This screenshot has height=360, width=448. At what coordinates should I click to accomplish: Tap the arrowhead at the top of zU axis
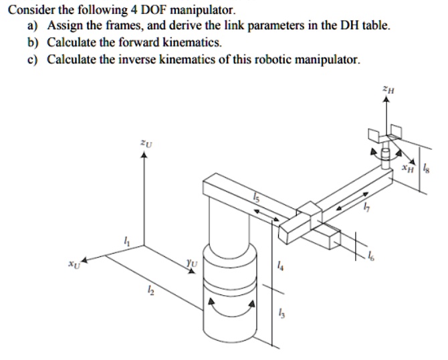(x=142, y=154)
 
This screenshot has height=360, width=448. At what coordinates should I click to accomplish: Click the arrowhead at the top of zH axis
(x=385, y=99)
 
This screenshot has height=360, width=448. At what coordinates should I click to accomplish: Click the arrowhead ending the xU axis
(x=84, y=258)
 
